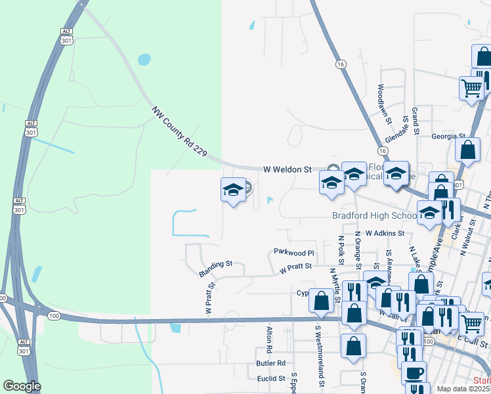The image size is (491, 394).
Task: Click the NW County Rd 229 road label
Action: [179, 131]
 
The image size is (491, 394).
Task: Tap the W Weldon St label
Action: [287, 169]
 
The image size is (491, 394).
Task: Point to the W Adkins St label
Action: [385, 233]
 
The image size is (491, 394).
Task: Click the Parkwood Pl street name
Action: [294, 252]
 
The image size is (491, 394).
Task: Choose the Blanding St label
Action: [216, 264]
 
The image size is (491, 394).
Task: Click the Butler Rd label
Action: [271, 362]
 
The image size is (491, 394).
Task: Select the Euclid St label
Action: [271, 378]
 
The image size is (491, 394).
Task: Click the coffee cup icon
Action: [414, 372]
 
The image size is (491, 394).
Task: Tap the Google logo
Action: [22, 387]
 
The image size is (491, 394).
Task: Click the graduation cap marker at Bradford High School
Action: [429, 214]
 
